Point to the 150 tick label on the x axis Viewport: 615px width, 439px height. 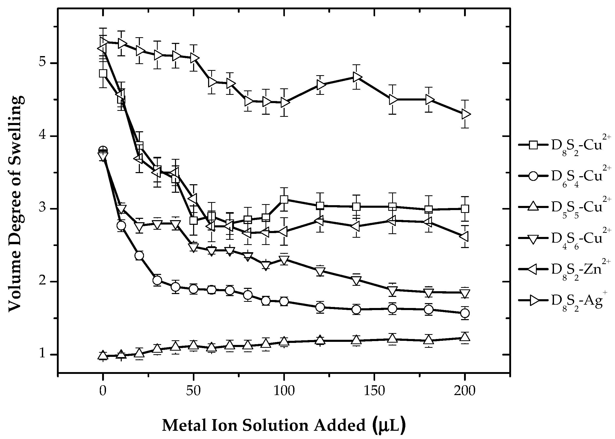(x=374, y=391)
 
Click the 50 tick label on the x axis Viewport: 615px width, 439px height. (x=193, y=391)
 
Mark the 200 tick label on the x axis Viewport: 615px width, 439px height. (x=465, y=391)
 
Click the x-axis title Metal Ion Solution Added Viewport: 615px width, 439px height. (x=283, y=425)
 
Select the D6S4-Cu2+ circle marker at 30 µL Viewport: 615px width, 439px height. (x=157, y=280)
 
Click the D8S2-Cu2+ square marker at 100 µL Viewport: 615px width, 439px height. (x=284, y=199)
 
